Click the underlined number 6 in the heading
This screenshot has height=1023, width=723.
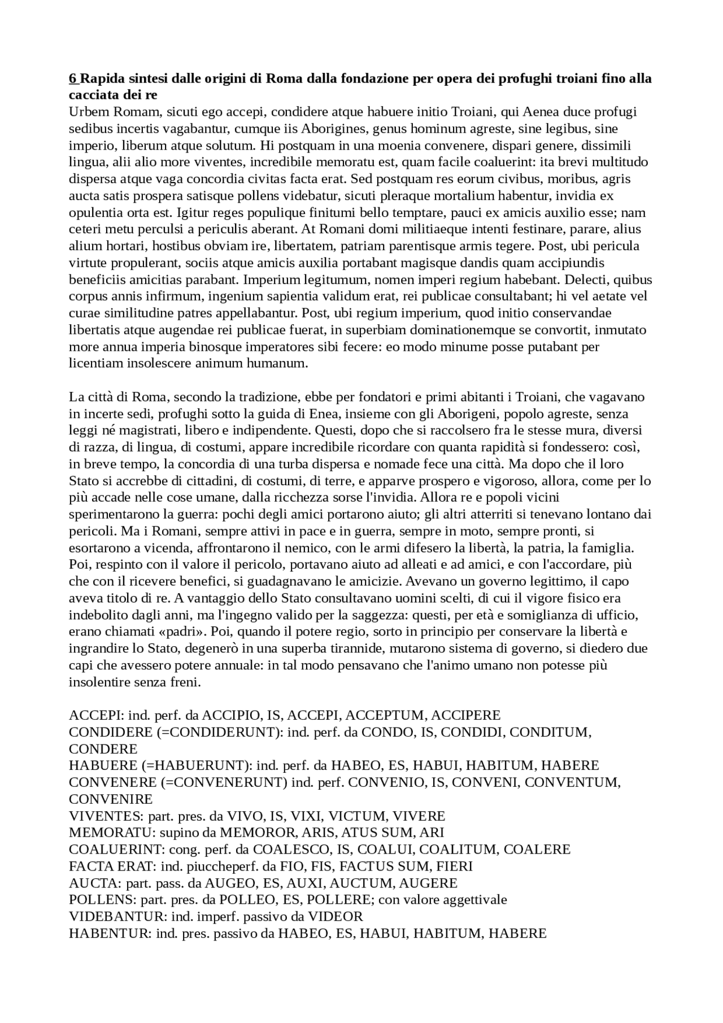coord(72,79)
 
